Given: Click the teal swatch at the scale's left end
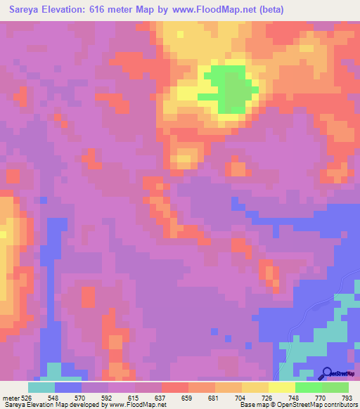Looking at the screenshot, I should click(x=41, y=387).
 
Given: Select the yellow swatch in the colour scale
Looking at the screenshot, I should click(x=281, y=387).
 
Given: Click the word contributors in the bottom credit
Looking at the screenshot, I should click(x=337, y=404).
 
